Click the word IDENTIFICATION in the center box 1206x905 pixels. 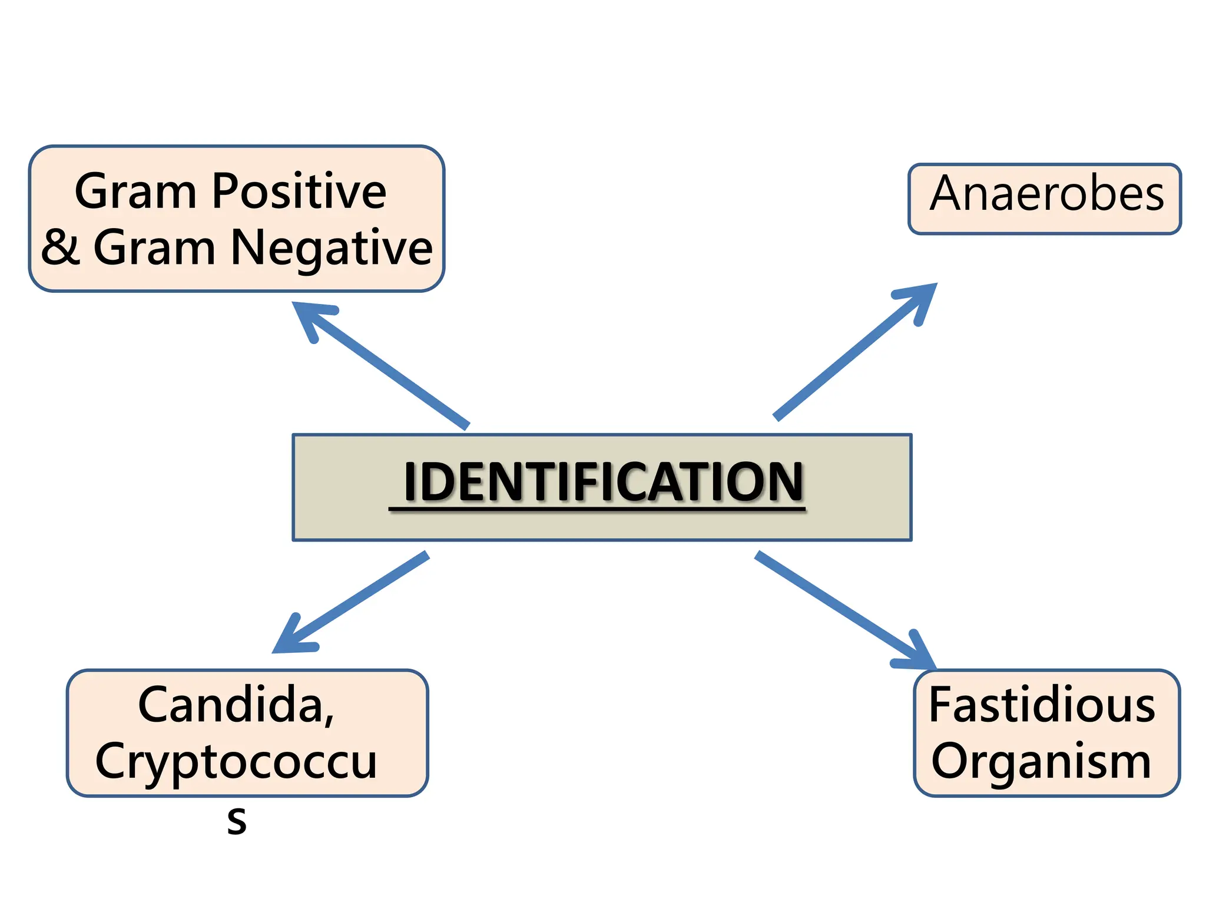click(604, 481)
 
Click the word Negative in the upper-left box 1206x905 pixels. click(332, 248)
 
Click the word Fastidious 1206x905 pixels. click(1042, 705)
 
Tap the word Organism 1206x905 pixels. click(1041, 761)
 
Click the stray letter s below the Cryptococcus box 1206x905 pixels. click(237, 820)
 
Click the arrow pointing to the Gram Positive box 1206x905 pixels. click(380, 365)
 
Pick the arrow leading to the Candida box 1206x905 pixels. click(350, 602)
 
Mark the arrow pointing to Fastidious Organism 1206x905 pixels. click(846, 610)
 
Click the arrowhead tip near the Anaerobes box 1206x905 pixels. click(937, 283)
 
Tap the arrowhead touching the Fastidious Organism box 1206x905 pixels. click(935, 669)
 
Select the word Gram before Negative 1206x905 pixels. click(154, 248)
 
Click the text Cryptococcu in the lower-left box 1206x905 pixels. click(236, 761)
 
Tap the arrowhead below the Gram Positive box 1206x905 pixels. click(293, 303)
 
